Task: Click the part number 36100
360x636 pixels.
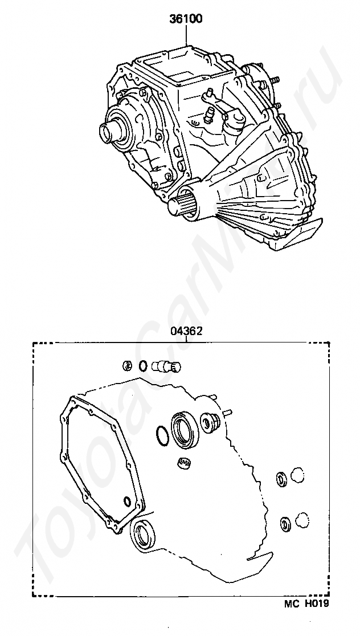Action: (x=186, y=19)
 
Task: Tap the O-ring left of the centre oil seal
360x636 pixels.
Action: (x=162, y=435)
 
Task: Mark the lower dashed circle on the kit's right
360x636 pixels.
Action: (x=302, y=520)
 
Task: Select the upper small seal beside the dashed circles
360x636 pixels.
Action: (x=280, y=478)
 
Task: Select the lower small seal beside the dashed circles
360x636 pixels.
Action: (x=284, y=523)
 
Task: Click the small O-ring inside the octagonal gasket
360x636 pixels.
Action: (x=126, y=502)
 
